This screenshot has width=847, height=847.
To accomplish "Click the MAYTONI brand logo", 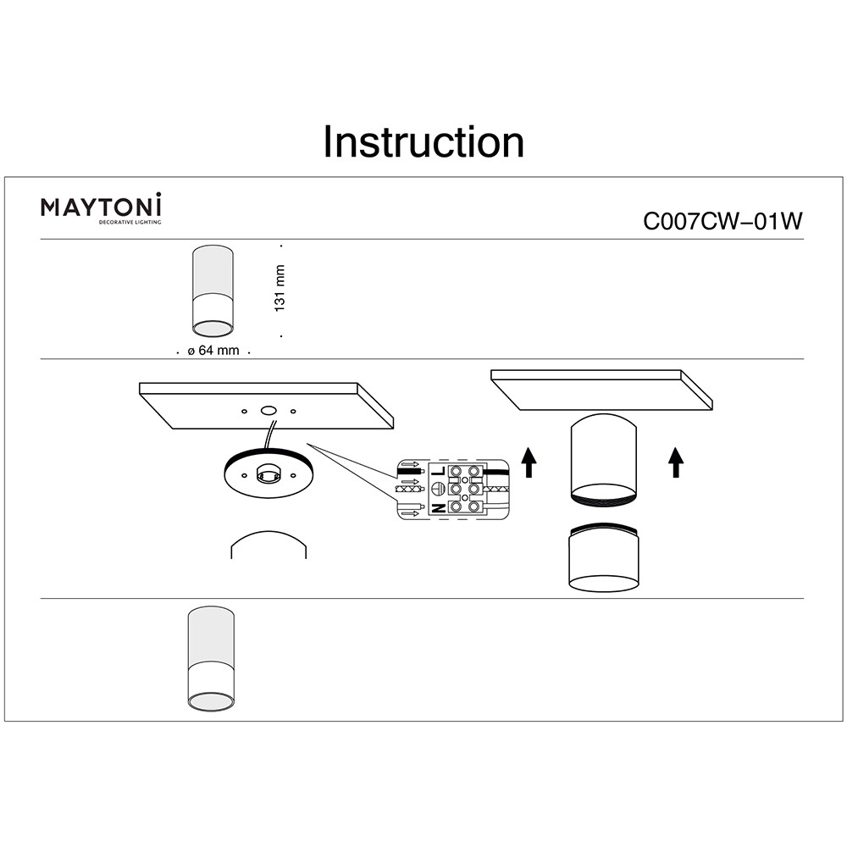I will pos(102,206).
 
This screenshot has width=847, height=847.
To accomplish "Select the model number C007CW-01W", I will pos(722,221).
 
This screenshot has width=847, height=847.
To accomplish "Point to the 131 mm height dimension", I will pos(280,288).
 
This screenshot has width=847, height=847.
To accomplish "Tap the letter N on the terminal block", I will pos(439,508).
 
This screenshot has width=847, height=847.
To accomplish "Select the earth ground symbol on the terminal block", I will pos(439,489).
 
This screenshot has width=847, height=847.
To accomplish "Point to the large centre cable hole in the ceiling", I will pos(269,410).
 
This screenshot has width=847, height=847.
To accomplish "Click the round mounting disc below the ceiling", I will pos(263,476).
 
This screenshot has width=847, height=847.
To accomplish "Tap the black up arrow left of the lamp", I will pos(529,462).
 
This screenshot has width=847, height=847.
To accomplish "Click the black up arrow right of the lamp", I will pos(675,462).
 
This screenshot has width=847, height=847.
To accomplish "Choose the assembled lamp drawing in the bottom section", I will pos(211,659).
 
